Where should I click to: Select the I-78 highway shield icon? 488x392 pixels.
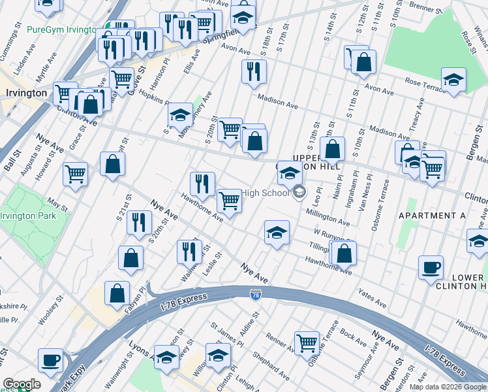[256, 296]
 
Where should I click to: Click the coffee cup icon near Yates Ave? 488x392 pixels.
[431, 268]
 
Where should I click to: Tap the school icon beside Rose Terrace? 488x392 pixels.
[453, 80]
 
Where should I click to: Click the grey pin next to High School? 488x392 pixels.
[299, 192]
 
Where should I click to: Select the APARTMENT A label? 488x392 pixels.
[427, 216]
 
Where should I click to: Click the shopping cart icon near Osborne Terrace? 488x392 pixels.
[306, 342]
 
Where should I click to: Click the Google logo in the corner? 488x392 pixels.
[22, 384]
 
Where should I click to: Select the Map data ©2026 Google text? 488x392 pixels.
[448, 387]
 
